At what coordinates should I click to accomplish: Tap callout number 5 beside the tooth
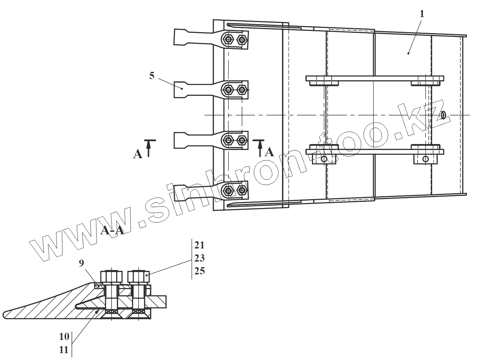(x=152, y=76)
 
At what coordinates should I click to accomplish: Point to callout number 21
(x=199, y=245)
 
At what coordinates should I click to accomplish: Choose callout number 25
(x=199, y=271)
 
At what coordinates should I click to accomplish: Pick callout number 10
(x=64, y=336)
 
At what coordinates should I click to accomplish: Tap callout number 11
(x=64, y=349)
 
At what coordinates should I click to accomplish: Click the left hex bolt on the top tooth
(x=228, y=40)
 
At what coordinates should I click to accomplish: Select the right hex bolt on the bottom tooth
(x=242, y=190)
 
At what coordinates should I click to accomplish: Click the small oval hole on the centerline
(x=443, y=115)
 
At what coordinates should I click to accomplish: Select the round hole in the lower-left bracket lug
(x=324, y=159)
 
